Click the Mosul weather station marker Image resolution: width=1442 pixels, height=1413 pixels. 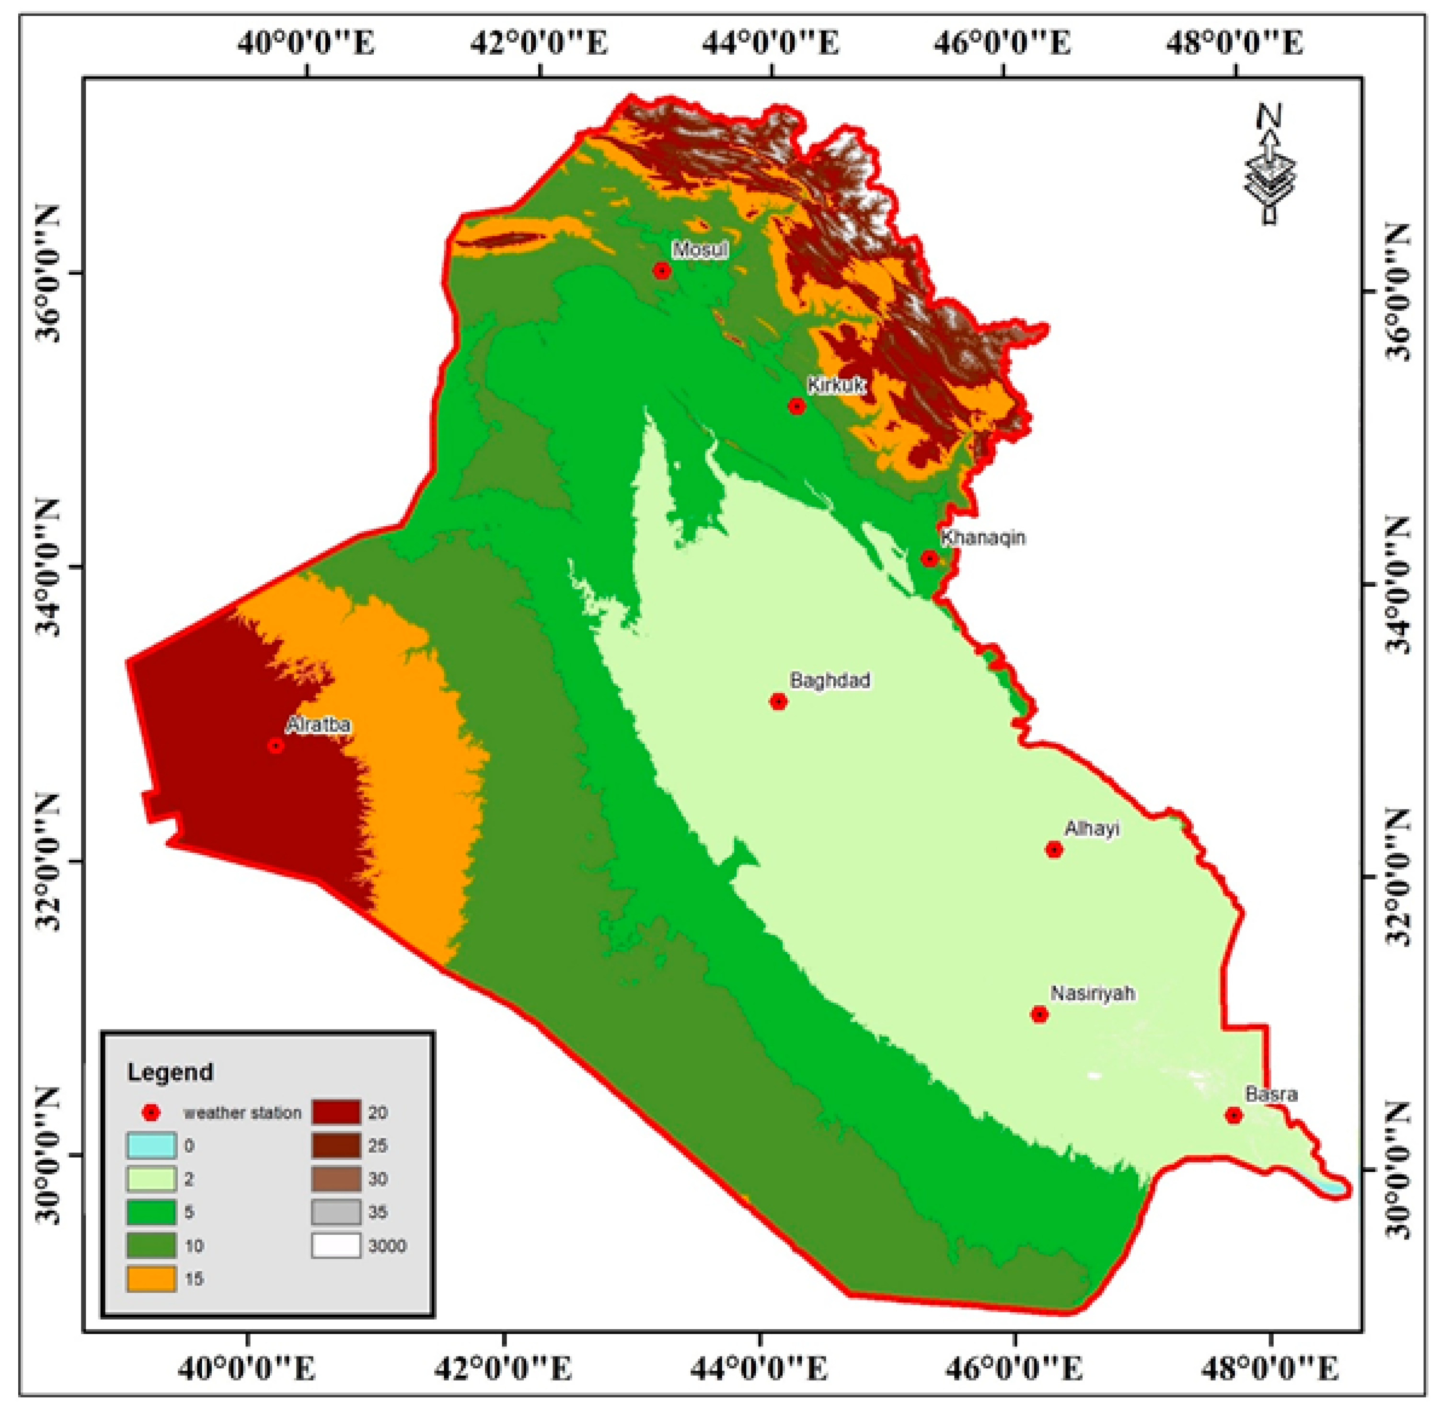coord(662,271)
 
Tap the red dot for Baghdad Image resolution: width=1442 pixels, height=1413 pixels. coord(778,701)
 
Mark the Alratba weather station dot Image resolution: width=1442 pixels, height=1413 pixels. coord(276,746)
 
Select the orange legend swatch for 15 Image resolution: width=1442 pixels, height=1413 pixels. coord(151,1279)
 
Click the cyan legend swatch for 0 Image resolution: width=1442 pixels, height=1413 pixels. coord(151,1146)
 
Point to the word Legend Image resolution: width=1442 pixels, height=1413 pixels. coord(170,1072)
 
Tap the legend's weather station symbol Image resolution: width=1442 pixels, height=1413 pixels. coord(151,1112)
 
